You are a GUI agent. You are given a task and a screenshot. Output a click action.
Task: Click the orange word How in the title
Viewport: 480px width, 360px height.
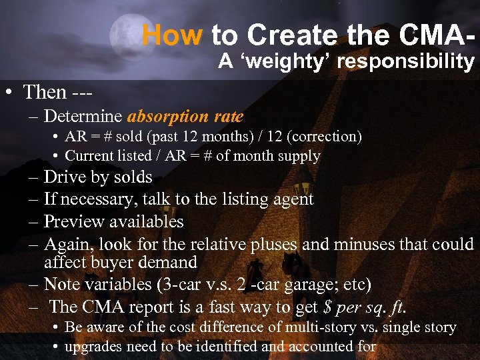tap(171, 34)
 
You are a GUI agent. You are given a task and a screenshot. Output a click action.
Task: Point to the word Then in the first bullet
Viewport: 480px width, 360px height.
tap(45, 92)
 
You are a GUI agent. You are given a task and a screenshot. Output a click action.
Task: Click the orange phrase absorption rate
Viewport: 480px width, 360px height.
tap(185, 117)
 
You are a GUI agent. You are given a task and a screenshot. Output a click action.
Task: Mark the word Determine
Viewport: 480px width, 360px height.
tap(83, 117)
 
